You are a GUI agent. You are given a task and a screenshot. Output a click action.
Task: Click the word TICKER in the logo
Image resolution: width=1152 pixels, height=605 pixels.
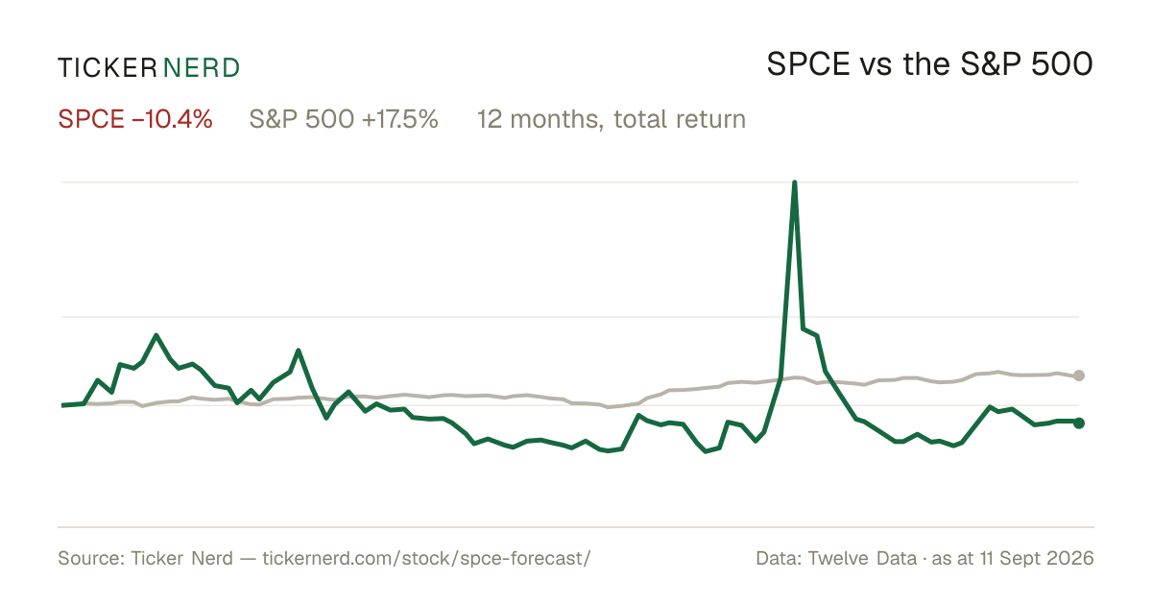click(x=108, y=68)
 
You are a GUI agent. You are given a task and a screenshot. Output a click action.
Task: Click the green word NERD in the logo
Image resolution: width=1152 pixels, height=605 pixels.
click(x=202, y=68)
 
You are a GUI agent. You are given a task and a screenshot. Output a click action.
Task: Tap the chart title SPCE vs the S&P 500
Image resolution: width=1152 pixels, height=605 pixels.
click(x=929, y=65)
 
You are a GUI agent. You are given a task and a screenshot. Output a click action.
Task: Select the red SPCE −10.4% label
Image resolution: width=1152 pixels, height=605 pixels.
click(x=135, y=119)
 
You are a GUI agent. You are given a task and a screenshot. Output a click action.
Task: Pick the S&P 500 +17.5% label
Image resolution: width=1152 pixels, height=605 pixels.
click(x=344, y=119)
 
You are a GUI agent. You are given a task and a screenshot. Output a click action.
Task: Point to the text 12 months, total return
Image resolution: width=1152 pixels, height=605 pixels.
click(x=611, y=120)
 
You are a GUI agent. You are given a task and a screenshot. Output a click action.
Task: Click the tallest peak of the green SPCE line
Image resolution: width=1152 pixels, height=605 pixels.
click(x=795, y=182)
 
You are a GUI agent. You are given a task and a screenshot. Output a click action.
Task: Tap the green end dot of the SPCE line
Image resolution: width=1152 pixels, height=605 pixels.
click(x=1079, y=423)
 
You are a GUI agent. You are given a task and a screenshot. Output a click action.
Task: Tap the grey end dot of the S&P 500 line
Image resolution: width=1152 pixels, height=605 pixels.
click(x=1079, y=375)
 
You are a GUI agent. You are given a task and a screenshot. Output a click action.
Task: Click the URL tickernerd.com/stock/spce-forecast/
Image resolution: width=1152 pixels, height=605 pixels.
click(x=427, y=558)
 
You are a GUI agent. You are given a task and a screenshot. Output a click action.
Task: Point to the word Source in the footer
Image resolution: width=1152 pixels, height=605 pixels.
click(x=88, y=558)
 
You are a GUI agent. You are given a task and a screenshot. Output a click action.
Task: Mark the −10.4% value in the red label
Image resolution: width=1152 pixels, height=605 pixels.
click(x=172, y=119)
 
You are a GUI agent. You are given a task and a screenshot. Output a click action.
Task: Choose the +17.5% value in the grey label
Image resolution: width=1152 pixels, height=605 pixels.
click(x=400, y=119)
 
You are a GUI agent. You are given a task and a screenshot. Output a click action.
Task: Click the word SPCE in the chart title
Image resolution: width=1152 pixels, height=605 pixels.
click(x=808, y=65)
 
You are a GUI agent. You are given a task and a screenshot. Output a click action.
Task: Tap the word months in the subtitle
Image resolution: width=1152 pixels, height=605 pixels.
click(x=557, y=120)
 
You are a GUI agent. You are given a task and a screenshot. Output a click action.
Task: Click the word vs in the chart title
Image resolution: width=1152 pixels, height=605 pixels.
click(x=876, y=68)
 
